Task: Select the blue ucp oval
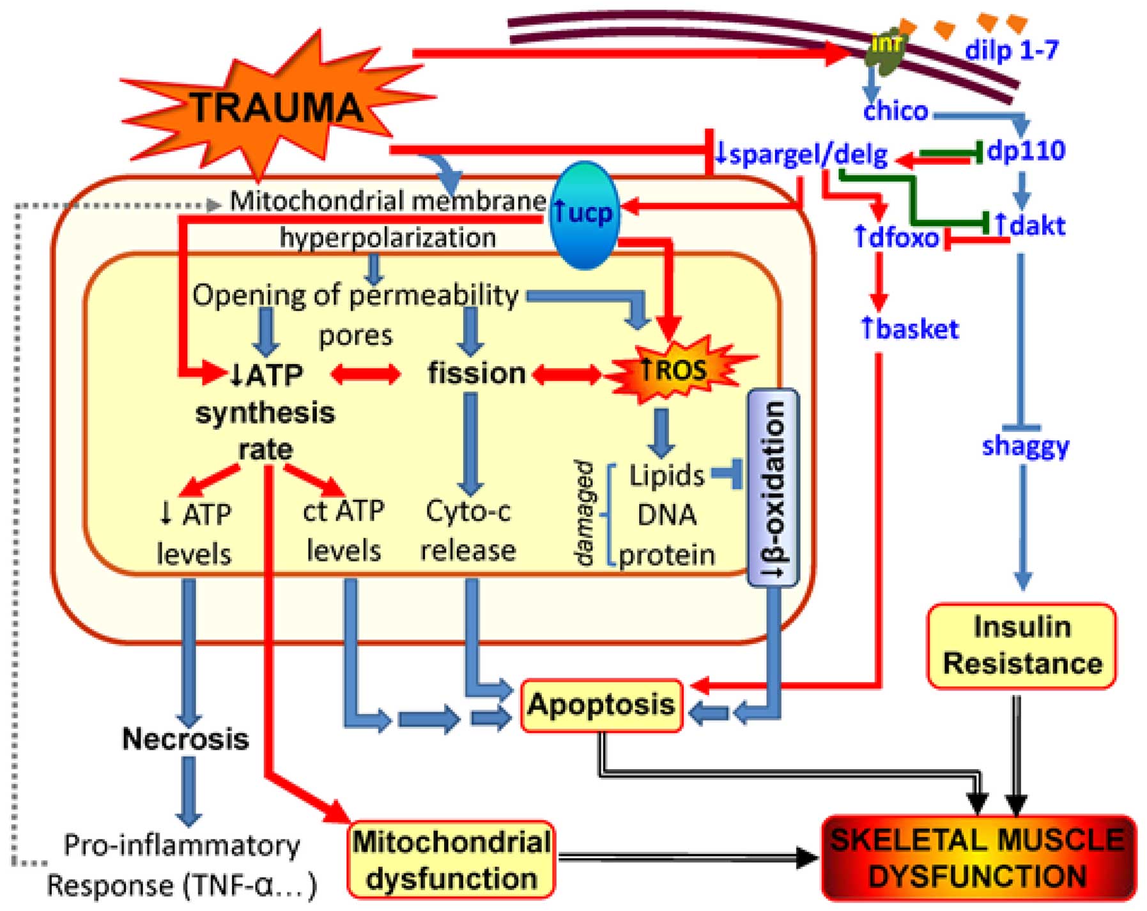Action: pyautogui.click(x=584, y=215)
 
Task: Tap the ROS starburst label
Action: pyautogui.click(x=674, y=369)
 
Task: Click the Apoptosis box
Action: pyautogui.click(x=601, y=705)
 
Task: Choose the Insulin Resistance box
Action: pyautogui.click(x=1022, y=646)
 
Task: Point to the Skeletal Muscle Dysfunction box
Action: pyautogui.click(x=978, y=857)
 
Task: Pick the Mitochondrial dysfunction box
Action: pyautogui.click(x=451, y=860)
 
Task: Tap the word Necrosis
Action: pyautogui.click(x=185, y=739)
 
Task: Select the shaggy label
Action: pyautogui.click(x=1025, y=446)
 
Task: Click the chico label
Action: pyautogui.click(x=895, y=111)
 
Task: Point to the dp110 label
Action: pyautogui.click(x=1026, y=151)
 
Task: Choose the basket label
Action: pyautogui.click(x=910, y=329)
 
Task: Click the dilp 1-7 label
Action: pyautogui.click(x=1012, y=50)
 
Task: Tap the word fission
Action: pyautogui.click(x=476, y=373)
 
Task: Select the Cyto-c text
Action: pyautogui.click(x=468, y=511)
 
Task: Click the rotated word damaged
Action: pyautogui.click(x=584, y=514)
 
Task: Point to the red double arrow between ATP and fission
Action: pyautogui.click(x=366, y=374)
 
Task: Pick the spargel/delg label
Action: pyautogui.click(x=801, y=154)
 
